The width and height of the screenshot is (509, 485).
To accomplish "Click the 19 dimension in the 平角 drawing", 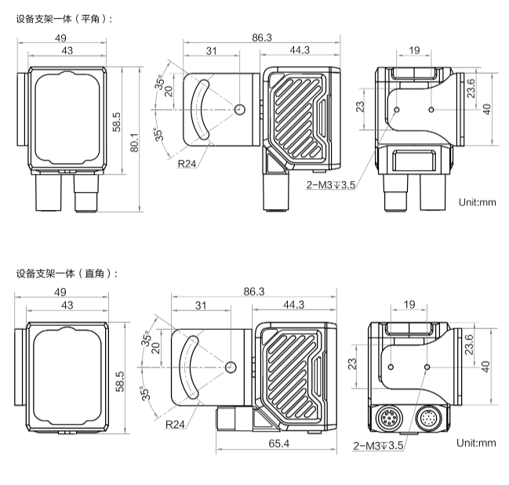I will pos(414,51).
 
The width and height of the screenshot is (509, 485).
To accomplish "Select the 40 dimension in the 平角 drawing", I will pos(485,109).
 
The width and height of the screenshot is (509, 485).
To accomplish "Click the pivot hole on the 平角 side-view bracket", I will pos(239,109).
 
